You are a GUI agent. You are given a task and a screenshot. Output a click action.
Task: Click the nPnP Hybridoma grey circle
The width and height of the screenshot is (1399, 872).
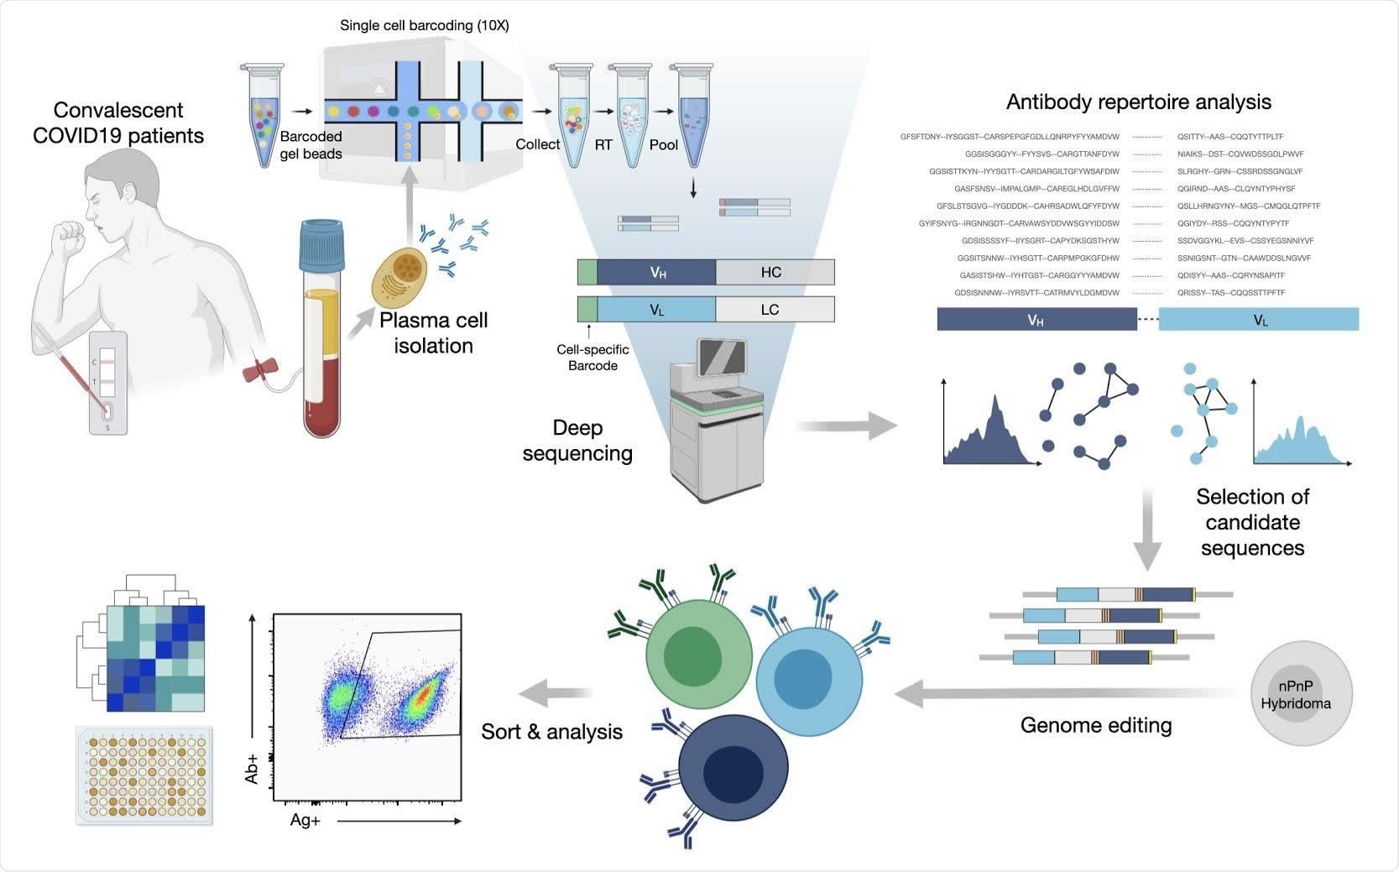pos(1301,693)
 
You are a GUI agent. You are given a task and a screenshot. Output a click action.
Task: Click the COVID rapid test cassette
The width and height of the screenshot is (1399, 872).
pos(108,383)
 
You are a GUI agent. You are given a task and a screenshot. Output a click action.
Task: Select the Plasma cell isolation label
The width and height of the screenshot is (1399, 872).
pos(433,332)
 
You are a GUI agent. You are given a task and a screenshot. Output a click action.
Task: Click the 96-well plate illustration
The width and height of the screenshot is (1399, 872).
pos(144,774)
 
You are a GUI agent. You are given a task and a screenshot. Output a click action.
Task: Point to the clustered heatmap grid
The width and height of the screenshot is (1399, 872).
pos(156,658)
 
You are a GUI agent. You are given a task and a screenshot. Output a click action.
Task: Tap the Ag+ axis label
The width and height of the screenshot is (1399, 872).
pos(305,820)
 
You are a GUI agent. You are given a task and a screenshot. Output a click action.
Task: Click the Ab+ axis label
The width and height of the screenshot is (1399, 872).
pos(252,768)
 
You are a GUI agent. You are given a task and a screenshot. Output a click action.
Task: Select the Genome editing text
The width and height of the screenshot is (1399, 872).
pos(1095,725)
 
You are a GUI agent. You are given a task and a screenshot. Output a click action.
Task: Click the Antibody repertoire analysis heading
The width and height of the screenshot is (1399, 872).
pos(1138,102)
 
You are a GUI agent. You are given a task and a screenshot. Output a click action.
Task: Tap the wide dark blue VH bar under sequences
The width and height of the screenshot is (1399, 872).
pos(1036,320)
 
